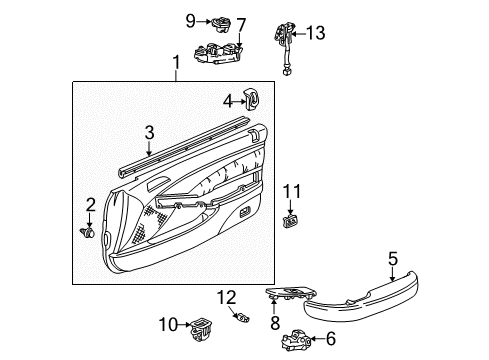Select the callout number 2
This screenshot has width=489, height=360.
click(90, 205)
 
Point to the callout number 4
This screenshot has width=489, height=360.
click(228, 99)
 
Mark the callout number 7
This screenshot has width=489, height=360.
click(239, 22)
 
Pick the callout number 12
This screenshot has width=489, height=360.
click(227, 296)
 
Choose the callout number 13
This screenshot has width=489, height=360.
click(316, 33)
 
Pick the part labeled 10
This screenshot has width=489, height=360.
click(202, 323)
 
